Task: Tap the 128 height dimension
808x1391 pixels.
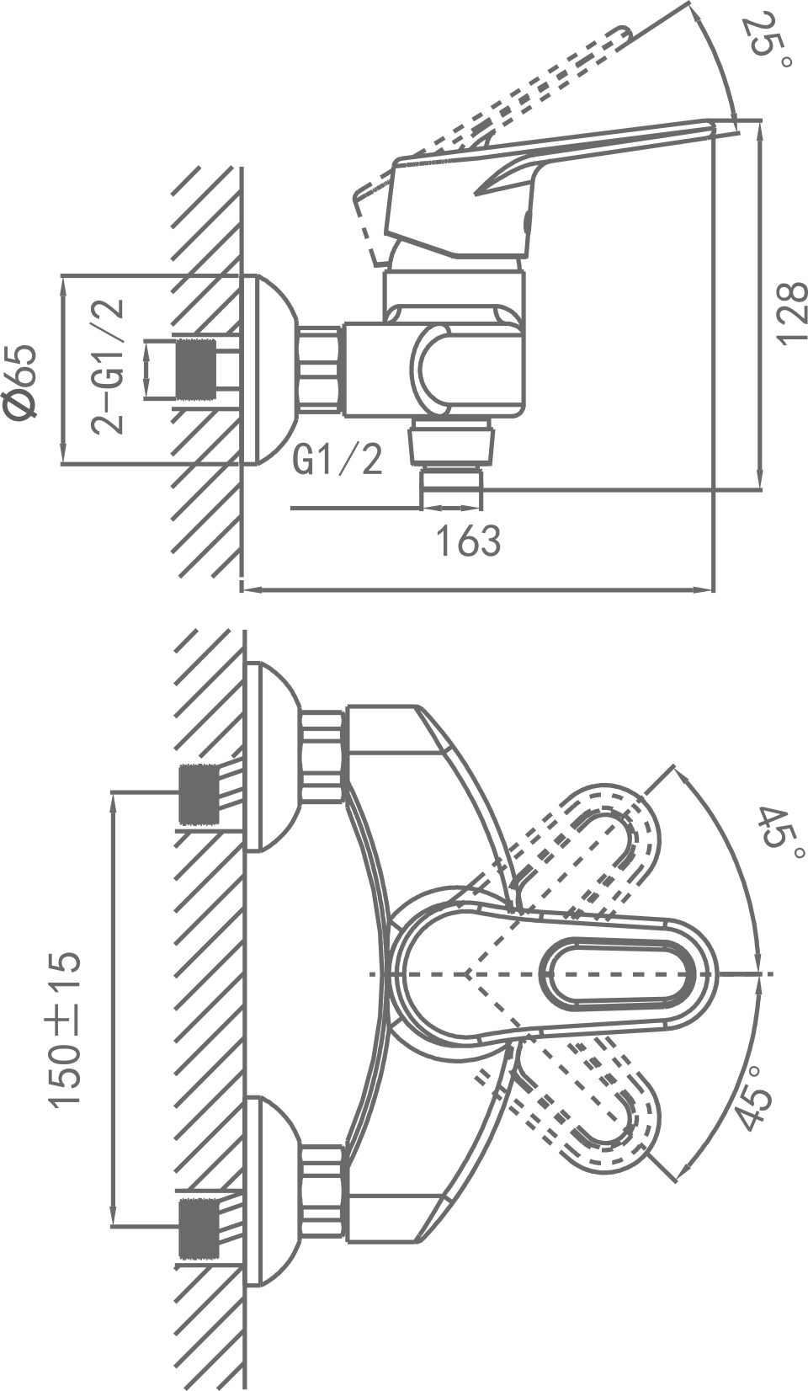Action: pos(790,313)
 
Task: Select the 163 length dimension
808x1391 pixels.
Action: pos(467,541)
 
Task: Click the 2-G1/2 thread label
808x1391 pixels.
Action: pos(109,366)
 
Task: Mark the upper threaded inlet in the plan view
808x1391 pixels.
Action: pos(199,795)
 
